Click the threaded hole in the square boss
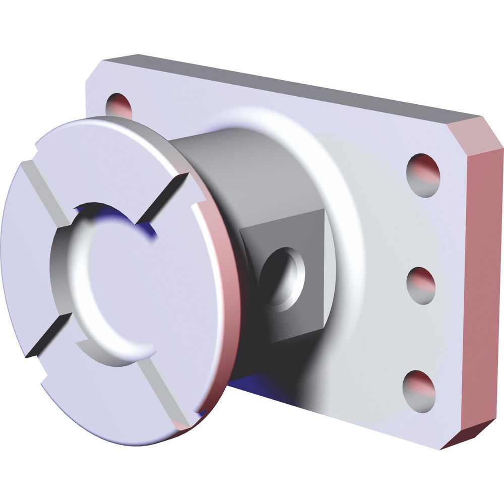283,276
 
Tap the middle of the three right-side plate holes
421,285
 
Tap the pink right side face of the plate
481,282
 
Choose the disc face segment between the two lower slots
101,398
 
